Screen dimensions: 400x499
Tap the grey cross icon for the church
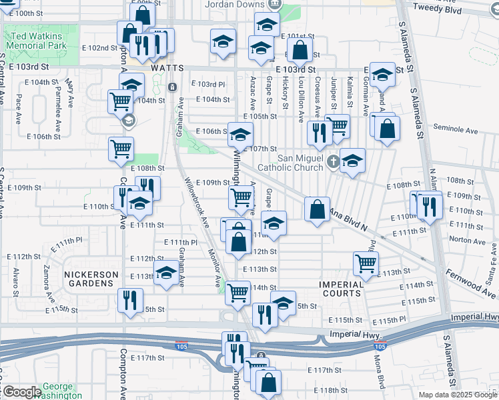pos(334,160)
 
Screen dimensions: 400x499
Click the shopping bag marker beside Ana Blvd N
pos(317,209)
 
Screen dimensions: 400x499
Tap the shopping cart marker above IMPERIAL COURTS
pos(366,263)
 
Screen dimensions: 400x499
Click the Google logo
pos(23,392)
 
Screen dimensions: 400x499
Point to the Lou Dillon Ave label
pos(301,99)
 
